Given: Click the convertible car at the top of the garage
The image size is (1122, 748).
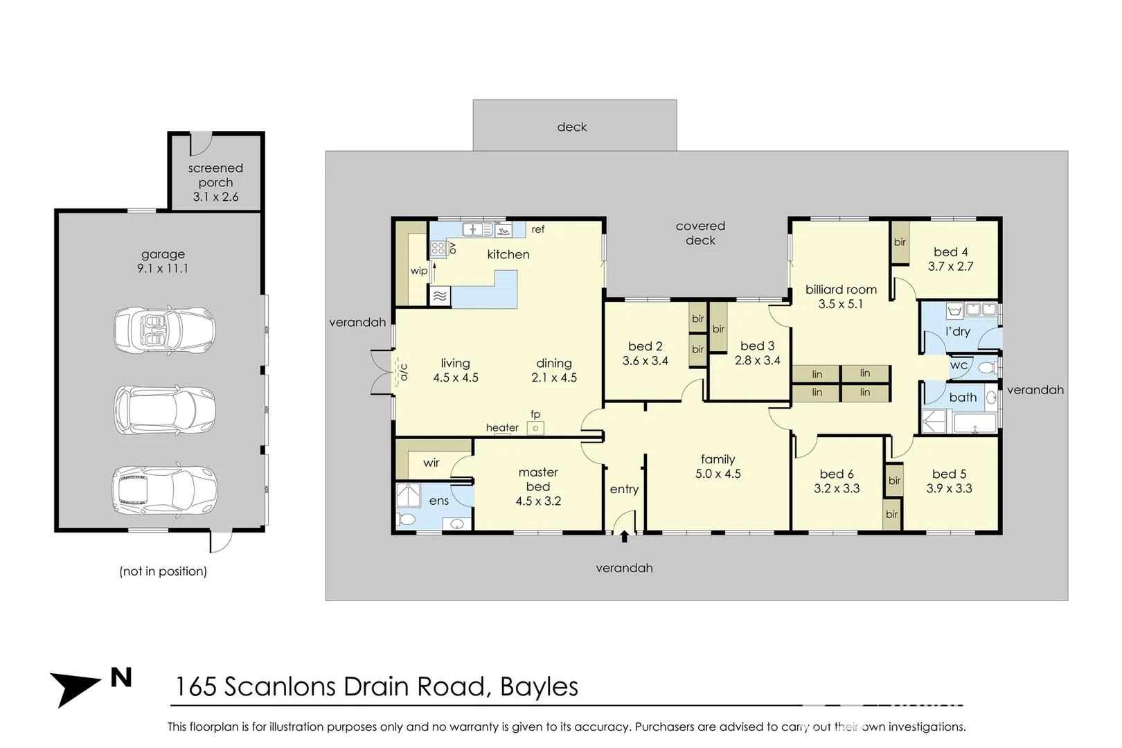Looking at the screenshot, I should tap(164, 330).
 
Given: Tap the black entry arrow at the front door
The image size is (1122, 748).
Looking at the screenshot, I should tap(624, 535).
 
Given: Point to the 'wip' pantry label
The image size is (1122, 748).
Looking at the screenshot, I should tap(418, 271).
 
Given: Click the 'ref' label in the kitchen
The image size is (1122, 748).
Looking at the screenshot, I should tap(538, 229).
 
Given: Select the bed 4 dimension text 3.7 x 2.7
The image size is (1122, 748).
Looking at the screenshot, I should tap(950, 266).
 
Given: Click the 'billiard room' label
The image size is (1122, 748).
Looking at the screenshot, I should tap(841, 290).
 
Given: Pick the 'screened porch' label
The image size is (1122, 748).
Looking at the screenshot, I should tap(215, 175).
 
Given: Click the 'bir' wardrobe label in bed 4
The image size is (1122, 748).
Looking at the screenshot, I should tap(900, 242).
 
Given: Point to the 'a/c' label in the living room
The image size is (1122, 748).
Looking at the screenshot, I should tap(404, 372).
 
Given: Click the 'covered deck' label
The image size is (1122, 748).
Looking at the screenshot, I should tap(700, 233).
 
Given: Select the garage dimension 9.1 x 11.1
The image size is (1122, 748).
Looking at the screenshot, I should tap(163, 269).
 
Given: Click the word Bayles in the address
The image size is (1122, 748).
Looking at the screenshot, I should tap(539, 686).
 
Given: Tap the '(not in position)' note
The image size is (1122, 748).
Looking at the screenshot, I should tap(163, 571).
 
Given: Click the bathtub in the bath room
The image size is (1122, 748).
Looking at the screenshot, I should tap(974, 422).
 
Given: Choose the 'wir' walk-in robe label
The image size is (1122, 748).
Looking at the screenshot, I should tap(431, 463).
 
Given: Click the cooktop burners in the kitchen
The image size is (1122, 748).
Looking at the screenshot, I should tap(438, 249).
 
